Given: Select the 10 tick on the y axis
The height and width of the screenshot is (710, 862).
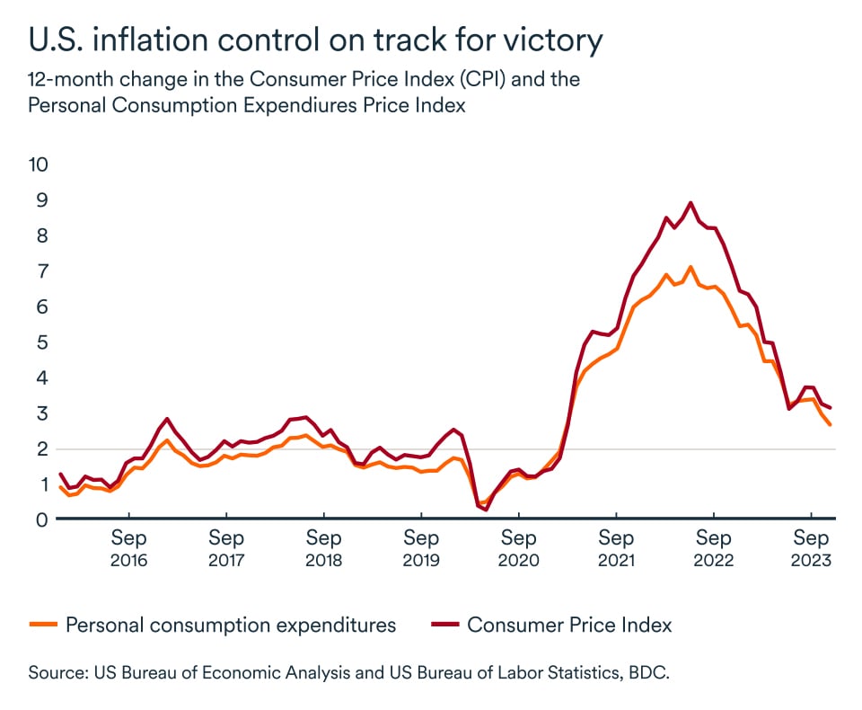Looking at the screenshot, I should click(39, 164).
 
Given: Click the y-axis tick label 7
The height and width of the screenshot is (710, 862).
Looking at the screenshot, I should click(39, 271).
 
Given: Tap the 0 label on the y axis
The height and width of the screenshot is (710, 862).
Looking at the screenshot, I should click(39, 519).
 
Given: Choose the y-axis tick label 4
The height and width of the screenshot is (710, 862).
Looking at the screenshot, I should click(39, 377).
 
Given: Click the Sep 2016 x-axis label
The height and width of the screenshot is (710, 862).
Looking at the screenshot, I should click(129, 548).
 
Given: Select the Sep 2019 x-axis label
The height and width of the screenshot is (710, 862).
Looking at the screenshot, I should click(421, 548).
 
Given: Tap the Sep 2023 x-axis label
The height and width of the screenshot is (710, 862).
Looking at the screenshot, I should click(811, 548).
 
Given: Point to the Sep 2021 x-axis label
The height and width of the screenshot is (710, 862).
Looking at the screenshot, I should click(616, 548).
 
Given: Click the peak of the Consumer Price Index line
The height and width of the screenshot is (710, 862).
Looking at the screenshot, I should click(690, 202).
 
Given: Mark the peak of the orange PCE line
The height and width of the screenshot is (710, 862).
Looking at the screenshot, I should click(690, 267).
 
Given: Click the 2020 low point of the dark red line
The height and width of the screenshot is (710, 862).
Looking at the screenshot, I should click(487, 510).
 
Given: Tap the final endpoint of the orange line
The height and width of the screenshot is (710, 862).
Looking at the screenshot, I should click(830, 424).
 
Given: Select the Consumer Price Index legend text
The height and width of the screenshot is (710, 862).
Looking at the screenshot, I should click(569, 625).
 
